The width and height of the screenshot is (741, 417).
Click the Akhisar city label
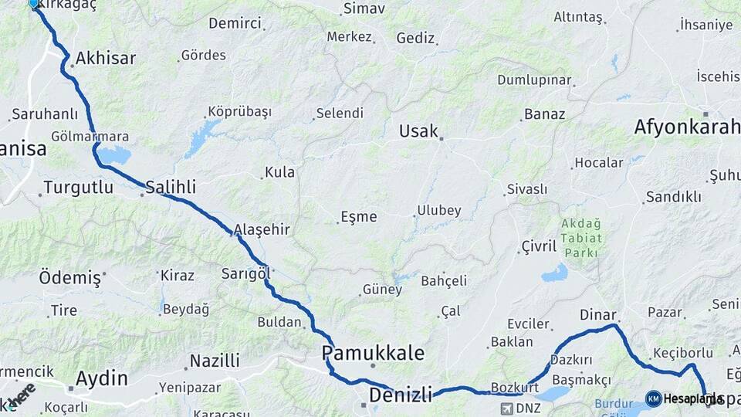(106, 58)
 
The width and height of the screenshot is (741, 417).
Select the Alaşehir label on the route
(262, 229)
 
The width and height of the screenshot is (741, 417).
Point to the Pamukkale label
(373, 353)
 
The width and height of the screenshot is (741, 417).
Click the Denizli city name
(400, 395)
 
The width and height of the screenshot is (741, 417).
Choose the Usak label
(418, 131)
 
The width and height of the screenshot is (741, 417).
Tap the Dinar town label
(598, 315)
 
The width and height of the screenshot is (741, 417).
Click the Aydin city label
(102, 378)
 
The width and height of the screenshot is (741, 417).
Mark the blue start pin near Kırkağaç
(34, 3)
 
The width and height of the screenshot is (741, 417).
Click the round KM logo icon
(654, 398)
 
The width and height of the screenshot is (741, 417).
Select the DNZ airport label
(528, 407)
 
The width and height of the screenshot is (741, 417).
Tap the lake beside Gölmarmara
(115, 156)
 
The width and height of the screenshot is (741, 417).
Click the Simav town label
(364, 8)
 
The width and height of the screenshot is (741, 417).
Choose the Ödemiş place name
(70, 277)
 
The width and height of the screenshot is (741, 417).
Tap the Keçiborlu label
(675, 352)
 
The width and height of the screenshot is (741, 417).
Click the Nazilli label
(215, 361)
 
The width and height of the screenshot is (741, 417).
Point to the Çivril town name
(539, 246)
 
